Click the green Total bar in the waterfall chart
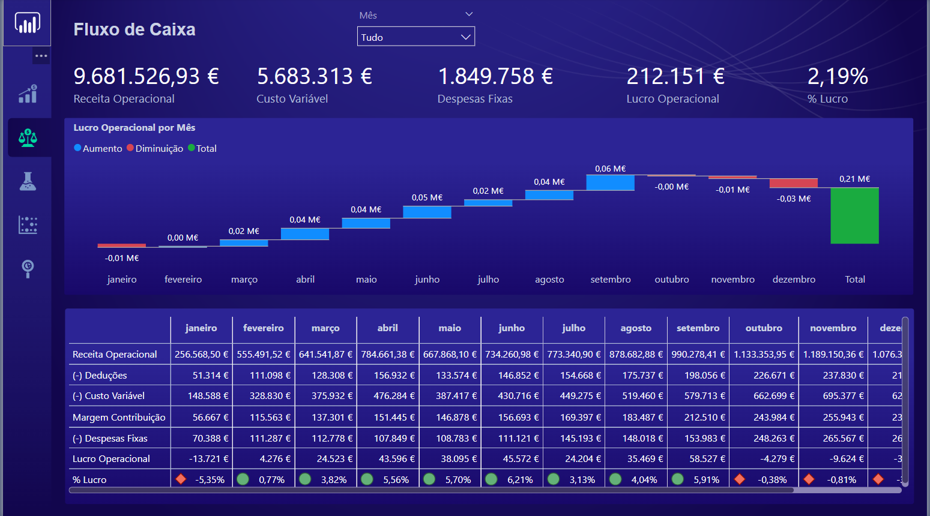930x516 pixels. click(x=854, y=215)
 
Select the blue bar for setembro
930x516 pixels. click(x=610, y=182)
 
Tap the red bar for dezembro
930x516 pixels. click(x=793, y=183)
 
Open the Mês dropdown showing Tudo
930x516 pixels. click(x=415, y=37)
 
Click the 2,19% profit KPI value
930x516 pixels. click(x=837, y=76)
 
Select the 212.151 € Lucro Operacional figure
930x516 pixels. click(x=675, y=76)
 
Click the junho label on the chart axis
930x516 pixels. click(x=427, y=279)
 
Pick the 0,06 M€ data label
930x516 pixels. click(x=610, y=169)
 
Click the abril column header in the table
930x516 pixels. click(x=387, y=328)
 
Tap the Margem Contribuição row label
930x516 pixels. click(x=119, y=417)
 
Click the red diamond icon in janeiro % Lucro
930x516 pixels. click(x=181, y=479)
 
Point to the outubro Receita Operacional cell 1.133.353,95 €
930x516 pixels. click(x=764, y=354)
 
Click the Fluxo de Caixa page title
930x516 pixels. click(x=134, y=29)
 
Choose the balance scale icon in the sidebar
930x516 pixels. click(x=28, y=137)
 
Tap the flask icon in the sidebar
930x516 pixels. click(x=28, y=181)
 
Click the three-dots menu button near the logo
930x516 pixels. click(x=41, y=56)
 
